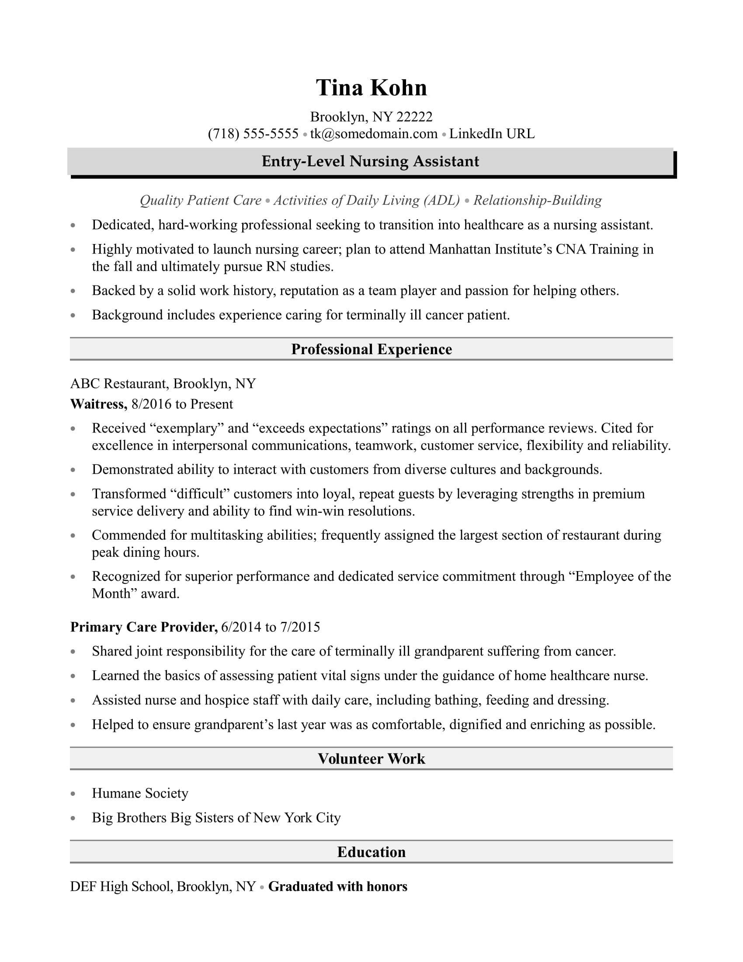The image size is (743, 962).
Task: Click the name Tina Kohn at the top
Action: tap(371, 87)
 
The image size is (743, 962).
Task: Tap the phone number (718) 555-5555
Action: tap(253, 133)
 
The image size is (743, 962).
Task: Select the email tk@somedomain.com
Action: tap(374, 133)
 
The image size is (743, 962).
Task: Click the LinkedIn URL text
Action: tap(492, 133)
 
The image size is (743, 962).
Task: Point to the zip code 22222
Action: tap(414, 117)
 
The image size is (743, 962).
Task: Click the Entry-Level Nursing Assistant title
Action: tap(370, 161)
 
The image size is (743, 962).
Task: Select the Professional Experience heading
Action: tap(371, 349)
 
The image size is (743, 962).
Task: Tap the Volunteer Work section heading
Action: tap(371, 759)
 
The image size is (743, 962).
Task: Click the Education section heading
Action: tap(371, 852)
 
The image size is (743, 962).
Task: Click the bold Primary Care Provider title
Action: tap(143, 627)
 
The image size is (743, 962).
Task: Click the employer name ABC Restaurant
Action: tap(118, 383)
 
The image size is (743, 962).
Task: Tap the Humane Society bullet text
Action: tap(140, 793)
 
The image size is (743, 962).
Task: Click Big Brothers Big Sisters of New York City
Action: tap(216, 818)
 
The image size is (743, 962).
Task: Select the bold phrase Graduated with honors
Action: tap(337, 886)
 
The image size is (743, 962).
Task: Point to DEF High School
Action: tap(120, 886)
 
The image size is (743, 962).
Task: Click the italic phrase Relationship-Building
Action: tap(538, 200)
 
